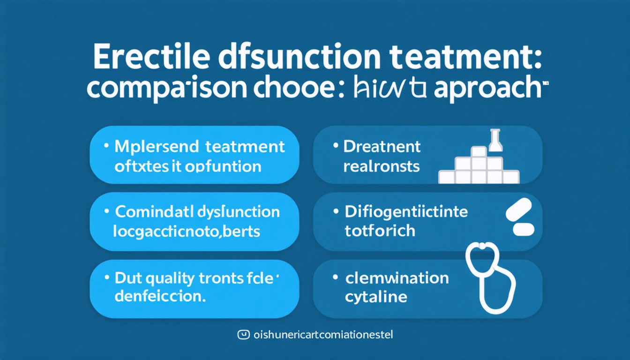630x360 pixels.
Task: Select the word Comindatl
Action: [150, 212]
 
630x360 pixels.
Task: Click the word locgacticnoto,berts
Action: [187, 231]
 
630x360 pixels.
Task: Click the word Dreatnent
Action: [382, 147]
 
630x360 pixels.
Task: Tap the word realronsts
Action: [382, 166]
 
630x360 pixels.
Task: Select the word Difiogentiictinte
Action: [406, 212]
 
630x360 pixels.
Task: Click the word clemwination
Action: [397, 278]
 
